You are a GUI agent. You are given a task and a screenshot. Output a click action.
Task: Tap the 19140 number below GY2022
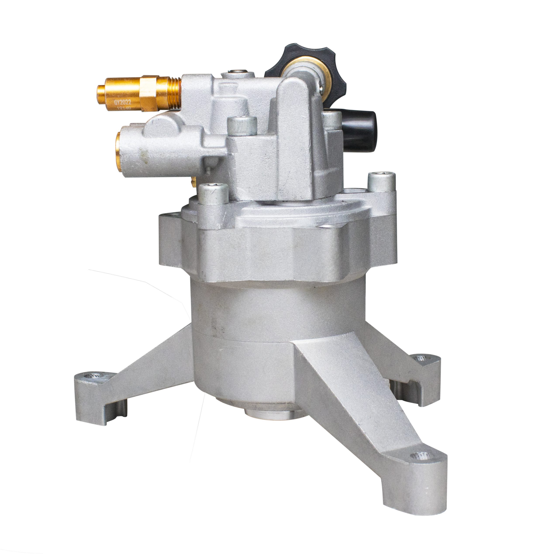[124, 108]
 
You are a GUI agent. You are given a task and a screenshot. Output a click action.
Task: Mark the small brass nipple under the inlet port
[193, 182]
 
